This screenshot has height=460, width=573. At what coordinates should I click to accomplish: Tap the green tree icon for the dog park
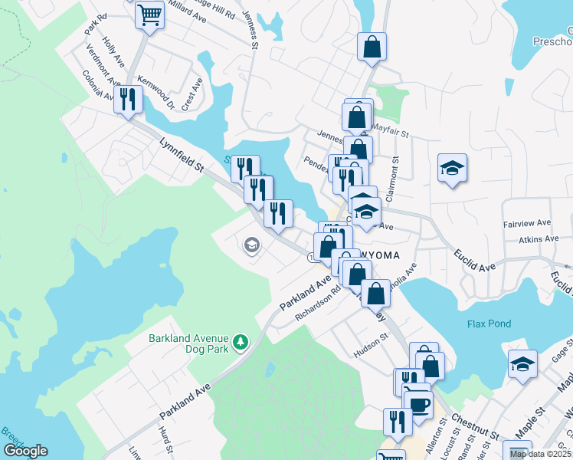point(241,340)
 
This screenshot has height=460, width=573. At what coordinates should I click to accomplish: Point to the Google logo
point(25,451)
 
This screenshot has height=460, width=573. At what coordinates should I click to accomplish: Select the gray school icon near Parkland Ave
point(250,245)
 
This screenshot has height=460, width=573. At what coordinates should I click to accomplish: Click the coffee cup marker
point(418,404)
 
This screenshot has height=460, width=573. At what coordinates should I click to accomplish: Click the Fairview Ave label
point(527,223)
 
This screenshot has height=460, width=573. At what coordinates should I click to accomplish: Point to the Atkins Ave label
point(539,240)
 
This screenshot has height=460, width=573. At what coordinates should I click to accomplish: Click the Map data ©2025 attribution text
point(539,454)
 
